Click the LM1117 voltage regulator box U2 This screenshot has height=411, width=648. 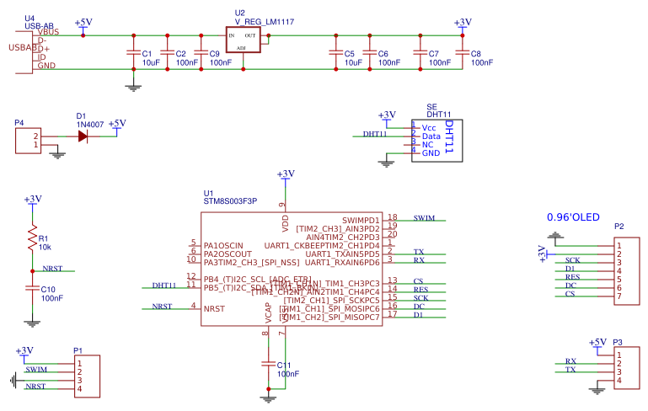(x=243, y=40)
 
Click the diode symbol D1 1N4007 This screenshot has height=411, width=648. (x=83, y=136)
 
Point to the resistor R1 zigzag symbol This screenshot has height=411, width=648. (x=33, y=238)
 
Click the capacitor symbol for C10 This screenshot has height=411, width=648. (x=33, y=288)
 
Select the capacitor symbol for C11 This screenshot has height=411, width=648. (x=269, y=364)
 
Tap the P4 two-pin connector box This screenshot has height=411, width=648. (x=27, y=140)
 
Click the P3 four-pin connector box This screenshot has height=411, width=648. (x=629, y=369)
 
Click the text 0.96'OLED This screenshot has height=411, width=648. (x=573, y=217)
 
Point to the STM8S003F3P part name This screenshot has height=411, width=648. (x=230, y=201)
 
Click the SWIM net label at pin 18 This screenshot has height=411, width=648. (x=424, y=218)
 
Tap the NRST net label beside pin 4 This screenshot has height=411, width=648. (x=163, y=307)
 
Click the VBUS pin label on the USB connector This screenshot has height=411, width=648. (x=47, y=32)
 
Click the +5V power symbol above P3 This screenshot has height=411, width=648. (x=597, y=342)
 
